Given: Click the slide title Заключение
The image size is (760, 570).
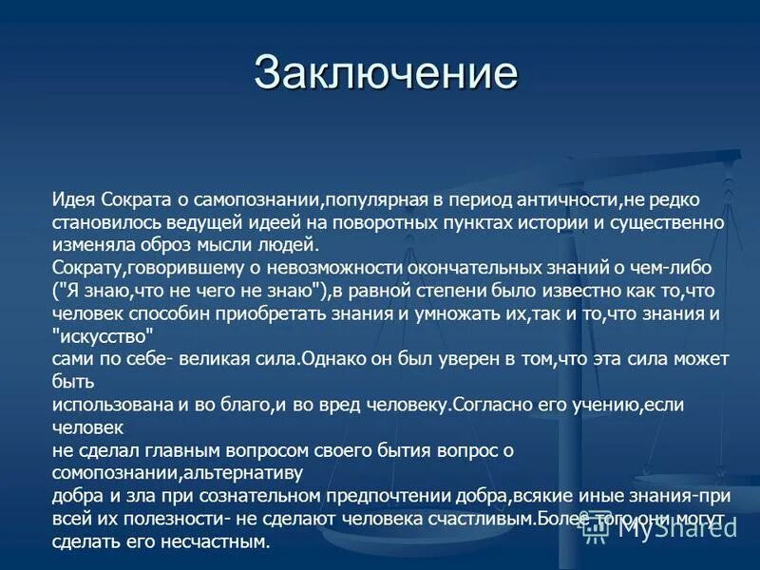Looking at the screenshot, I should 386,74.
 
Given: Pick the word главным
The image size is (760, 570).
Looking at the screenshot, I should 187,449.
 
